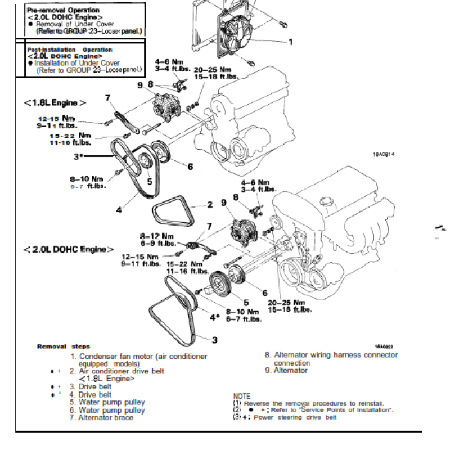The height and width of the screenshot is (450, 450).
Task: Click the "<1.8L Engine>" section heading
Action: [55, 103]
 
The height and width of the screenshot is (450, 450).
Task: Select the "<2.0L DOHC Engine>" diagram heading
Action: [69, 249]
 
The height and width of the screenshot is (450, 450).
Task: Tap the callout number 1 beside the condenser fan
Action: [291, 42]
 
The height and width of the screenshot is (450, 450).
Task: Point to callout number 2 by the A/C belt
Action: [209, 205]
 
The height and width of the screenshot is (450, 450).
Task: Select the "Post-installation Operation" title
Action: [61, 49]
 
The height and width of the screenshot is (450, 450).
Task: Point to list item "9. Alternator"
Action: [286, 371]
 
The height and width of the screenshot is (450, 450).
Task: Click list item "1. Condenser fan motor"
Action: [137, 356]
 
